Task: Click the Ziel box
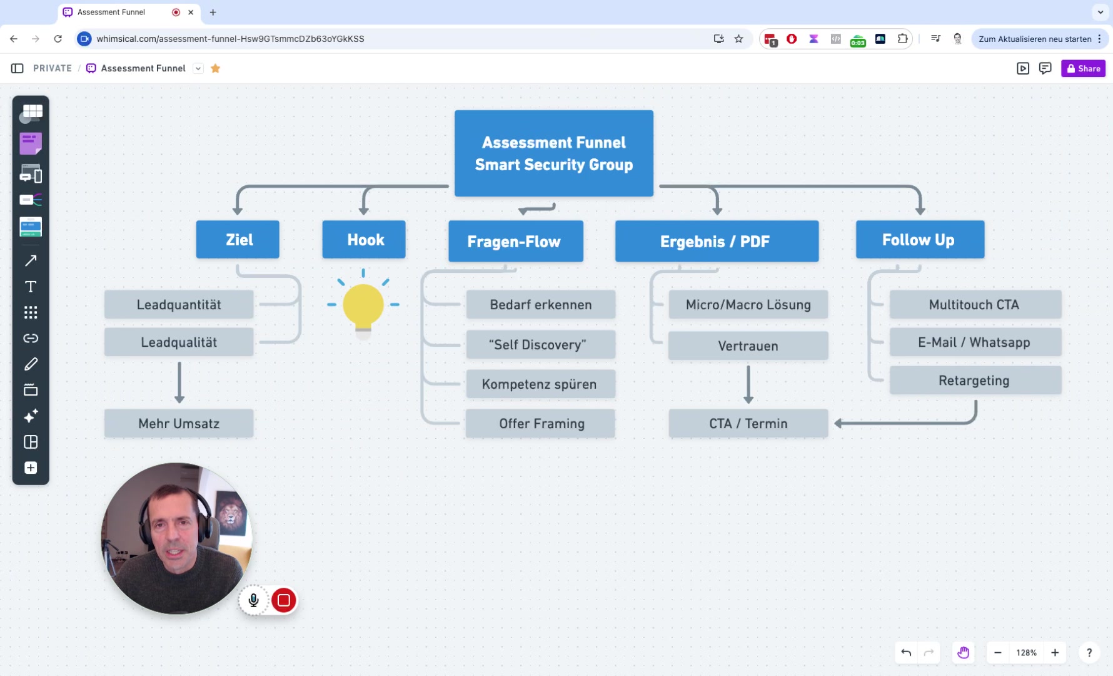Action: point(238,239)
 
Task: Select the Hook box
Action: point(364,239)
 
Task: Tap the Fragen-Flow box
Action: point(516,241)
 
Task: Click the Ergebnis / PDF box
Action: point(717,241)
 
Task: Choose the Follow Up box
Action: point(920,239)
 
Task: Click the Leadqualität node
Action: point(179,342)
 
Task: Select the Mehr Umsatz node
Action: point(179,424)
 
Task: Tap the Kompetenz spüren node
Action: point(540,384)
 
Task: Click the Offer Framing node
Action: point(540,424)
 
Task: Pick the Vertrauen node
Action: point(748,346)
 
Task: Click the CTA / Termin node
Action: point(748,424)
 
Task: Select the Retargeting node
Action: point(975,381)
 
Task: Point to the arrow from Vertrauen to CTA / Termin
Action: point(748,384)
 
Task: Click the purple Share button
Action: point(1083,68)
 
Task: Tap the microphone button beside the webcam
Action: point(253,600)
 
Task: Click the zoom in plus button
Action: point(1055,653)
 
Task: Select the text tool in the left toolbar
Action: point(31,287)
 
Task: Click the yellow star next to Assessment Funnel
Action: point(215,68)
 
